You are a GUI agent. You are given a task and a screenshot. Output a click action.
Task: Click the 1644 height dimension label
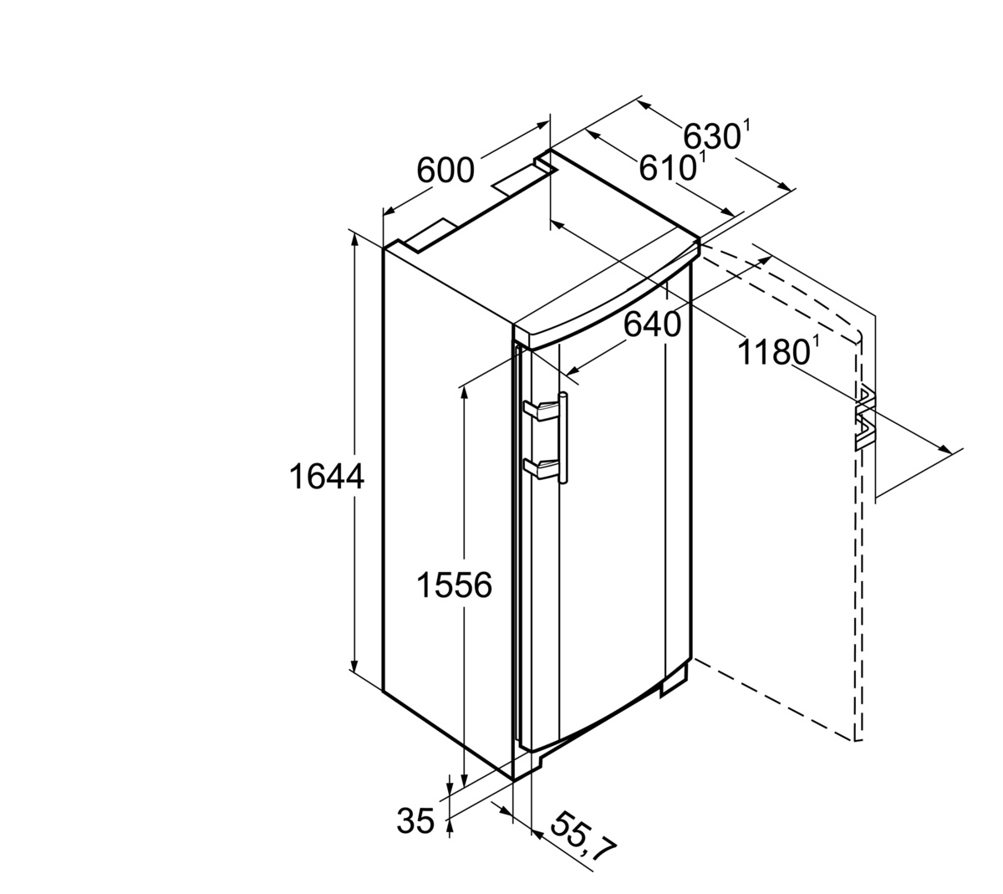(326, 477)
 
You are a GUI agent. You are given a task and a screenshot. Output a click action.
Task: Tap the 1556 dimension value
(455, 585)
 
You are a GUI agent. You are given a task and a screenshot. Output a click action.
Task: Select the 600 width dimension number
(445, 170)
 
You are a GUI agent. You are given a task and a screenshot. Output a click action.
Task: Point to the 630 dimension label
(712, 136)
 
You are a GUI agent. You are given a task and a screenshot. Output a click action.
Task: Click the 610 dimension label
(668, 168)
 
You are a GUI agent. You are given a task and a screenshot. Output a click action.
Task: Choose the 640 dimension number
(652, 325)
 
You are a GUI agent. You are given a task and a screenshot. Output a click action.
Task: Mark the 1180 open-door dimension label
(773, 352)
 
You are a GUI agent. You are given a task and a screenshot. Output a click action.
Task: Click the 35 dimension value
(415, 820)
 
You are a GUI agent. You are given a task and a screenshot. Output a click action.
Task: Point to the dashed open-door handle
(865, 418)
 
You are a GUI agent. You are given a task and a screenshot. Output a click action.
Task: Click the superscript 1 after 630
(746, 125)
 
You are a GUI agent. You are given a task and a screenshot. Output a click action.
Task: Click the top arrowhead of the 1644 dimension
(354, 240)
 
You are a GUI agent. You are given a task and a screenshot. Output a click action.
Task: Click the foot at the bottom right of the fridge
(675, 682)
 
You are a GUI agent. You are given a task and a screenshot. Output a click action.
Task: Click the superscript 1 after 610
(702, 158)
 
